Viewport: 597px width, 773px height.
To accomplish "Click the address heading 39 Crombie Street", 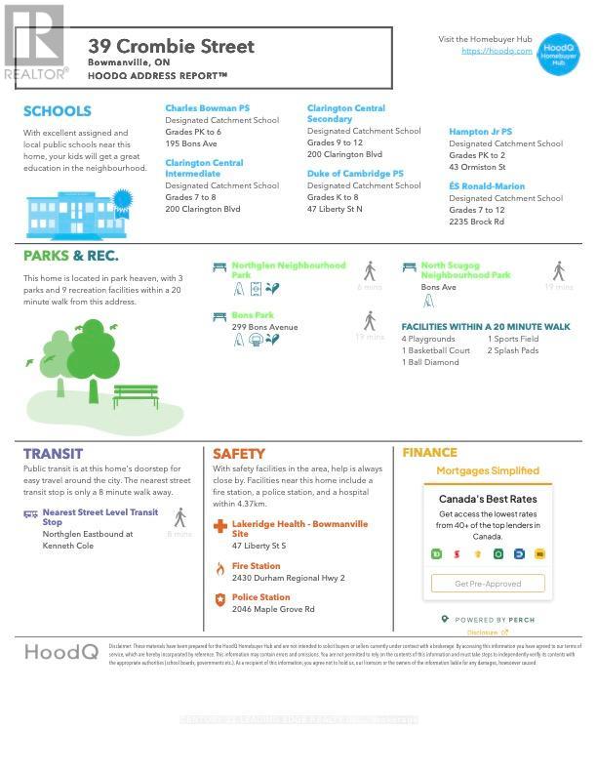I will click(x=171, y=46).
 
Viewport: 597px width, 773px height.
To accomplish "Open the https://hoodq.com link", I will click(x=497, y=51).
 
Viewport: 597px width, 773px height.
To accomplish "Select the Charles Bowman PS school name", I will click(x=207, y=108).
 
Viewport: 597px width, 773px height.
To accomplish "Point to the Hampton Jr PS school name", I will click(x=480, y=132).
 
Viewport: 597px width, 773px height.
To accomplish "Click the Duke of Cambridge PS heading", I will click(x=355, y=174).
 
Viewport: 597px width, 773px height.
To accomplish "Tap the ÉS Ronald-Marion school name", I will click(x=486, y=186).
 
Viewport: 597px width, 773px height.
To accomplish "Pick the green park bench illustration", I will click(x=136, y=395).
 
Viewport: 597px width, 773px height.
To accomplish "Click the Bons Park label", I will click(x=253, y=315).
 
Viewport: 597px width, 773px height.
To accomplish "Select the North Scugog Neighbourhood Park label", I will click(x=465, y=269).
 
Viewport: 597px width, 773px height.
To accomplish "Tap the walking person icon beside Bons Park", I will click(x=370, y=320).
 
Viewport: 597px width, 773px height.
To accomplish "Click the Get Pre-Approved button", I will click(x=488, y=584).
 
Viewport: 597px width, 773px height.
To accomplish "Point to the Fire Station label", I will click(x=256, y=566).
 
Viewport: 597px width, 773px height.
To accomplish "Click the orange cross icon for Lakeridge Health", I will click(x=220, y=528).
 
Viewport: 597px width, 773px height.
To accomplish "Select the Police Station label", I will click(x=260, y=597).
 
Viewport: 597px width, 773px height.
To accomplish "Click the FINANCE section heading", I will click(x=429, y=453).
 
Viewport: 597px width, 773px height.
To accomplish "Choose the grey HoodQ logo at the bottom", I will click(x=60, y=652).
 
